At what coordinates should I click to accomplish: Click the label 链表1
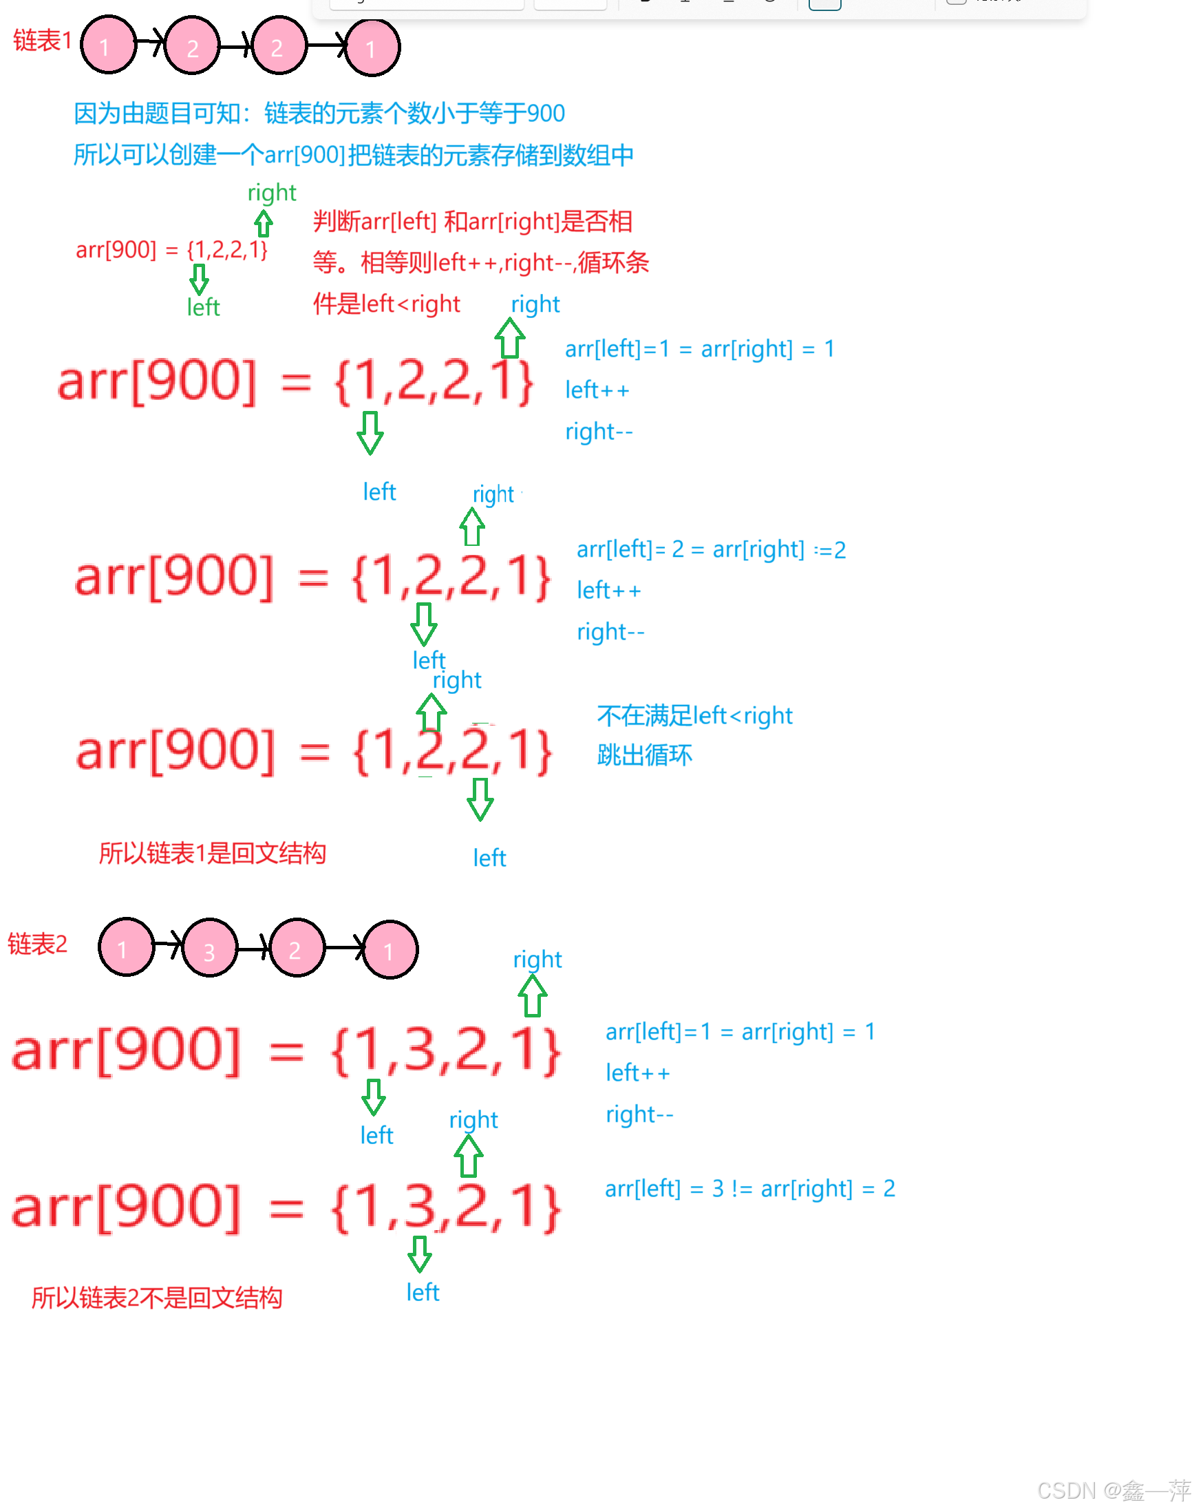click(x=42, y=41)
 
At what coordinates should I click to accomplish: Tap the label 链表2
click(x=37, y=944)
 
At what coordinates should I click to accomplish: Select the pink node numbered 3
click(x=209, y=949)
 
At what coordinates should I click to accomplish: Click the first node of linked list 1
click(x=107, y=46)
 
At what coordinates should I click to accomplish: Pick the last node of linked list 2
click(x=390, y=949)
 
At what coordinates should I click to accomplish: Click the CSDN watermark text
click(x=1113, y=1490)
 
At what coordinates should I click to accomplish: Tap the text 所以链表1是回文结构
click(x=212, y=853)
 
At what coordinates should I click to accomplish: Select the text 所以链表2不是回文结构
click(x=157, y=1298)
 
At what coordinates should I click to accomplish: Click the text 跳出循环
click(x=644, y=755)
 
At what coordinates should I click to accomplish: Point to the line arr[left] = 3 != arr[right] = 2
click(x=749, y=1188)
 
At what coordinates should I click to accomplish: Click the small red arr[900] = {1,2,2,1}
click(x=171, y=250)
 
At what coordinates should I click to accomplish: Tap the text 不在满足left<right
click(x=694, y=715)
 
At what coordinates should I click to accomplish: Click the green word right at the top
click(x=271, y=192)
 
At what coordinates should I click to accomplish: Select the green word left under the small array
click(x=203, y=307)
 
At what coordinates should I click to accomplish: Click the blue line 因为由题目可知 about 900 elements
click(x=319, y=114)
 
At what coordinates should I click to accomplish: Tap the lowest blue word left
click(x=423, y=1292)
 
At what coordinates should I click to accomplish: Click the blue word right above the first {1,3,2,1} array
click(x=537, y=959)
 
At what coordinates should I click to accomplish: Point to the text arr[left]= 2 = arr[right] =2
click(x=710, y=549)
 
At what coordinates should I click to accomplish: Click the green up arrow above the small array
click(x=263, y=223)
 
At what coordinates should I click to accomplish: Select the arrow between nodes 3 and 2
click(x=253, y=948)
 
